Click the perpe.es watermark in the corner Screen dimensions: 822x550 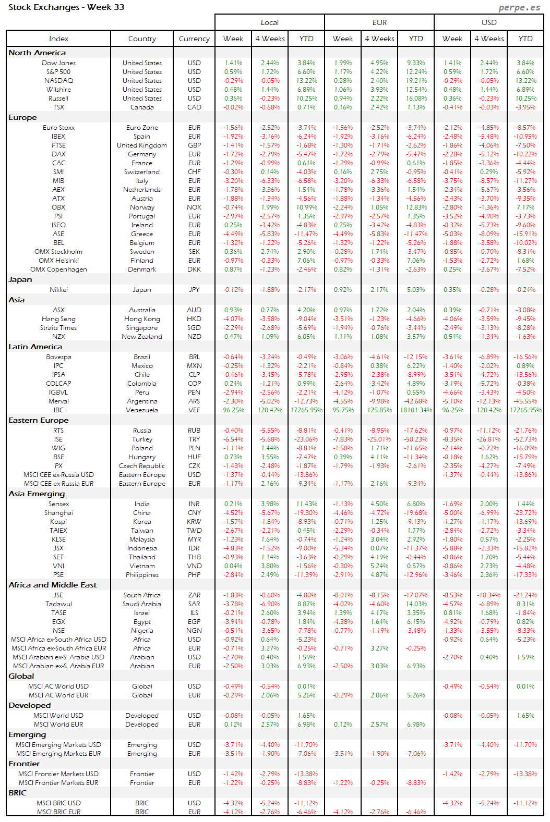[519, 7]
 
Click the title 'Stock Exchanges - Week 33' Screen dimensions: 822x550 [66, 7]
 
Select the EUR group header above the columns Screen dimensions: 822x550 [379, 22]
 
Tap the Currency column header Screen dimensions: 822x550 [194, 39]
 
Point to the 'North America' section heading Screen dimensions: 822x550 [37, 53]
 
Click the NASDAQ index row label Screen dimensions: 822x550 [58, 81]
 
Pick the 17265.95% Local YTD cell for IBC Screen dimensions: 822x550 [306, 410]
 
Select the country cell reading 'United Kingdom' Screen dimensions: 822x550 [142, 145]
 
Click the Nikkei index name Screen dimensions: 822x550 [58, 290]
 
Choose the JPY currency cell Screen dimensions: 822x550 [194, 290]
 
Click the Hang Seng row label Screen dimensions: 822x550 [58, 319]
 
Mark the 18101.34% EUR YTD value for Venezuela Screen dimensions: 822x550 [416, 410]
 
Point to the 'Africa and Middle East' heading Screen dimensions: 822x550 [53, 585]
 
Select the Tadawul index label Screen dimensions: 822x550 [58, 604]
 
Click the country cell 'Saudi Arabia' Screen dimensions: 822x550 [142, 604]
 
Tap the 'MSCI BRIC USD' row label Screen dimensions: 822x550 [58, 803]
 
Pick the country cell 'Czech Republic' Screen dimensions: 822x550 [142, 466]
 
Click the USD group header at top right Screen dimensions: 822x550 [489, 22]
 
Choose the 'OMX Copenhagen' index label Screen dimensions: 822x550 [58, 269]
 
